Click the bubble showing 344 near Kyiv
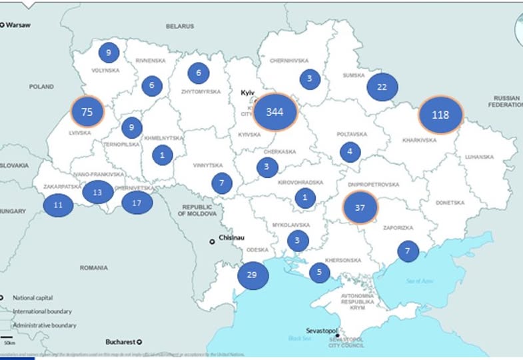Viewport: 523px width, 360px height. click(274, 113)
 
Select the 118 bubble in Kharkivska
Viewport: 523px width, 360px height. click(440, 115)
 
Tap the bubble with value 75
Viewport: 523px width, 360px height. click(87, 112)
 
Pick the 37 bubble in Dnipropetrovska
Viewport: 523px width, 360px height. click(360, 207)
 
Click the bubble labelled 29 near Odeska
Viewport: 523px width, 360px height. click(251, 275)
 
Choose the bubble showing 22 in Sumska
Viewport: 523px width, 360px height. click(382, 87)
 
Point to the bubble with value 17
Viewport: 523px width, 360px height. click(137, 203)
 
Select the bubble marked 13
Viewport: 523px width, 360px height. click(97, 192)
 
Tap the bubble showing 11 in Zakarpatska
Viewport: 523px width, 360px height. click(58, 205)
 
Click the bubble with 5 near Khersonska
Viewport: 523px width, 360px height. click(319, 272)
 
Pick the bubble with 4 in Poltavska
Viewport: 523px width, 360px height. click(350, 152)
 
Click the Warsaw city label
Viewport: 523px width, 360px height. click(20, 25)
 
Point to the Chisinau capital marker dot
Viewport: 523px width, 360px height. click(213, 241)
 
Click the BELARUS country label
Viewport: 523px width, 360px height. click(180, 26)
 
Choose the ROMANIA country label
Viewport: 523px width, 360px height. click(93, 267)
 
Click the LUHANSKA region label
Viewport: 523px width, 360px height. click(480, 157)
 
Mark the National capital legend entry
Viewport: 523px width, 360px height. click(33, 298)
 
